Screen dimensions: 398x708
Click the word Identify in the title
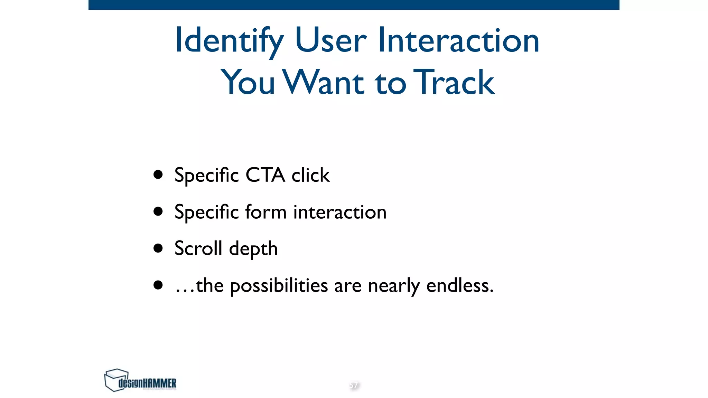click(x=229, y=41)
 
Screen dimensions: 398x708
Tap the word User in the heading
click(x=330, y=41)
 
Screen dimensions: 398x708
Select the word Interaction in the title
click(x=458, y=41)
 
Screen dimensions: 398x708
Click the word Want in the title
click(x=324, y=82)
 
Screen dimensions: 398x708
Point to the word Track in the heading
click(x=454, y=82)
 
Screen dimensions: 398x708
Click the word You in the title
click(x=248, y=82)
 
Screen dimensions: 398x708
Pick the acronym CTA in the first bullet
click(x=265, y=175)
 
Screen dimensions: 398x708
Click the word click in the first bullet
click(x=310, y=175)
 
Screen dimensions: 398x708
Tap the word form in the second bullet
click(x=265, y=212)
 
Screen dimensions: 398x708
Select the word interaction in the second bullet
click(x=340, y=212)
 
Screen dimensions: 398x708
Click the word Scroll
click(x=198, y=248)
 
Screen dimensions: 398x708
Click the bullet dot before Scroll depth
click(x=158, y=248)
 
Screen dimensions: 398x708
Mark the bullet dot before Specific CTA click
click(x=158, y=174)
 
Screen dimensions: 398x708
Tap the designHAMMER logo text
click(x=148, y=383)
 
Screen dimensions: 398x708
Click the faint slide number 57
click(x=354, y=385)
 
